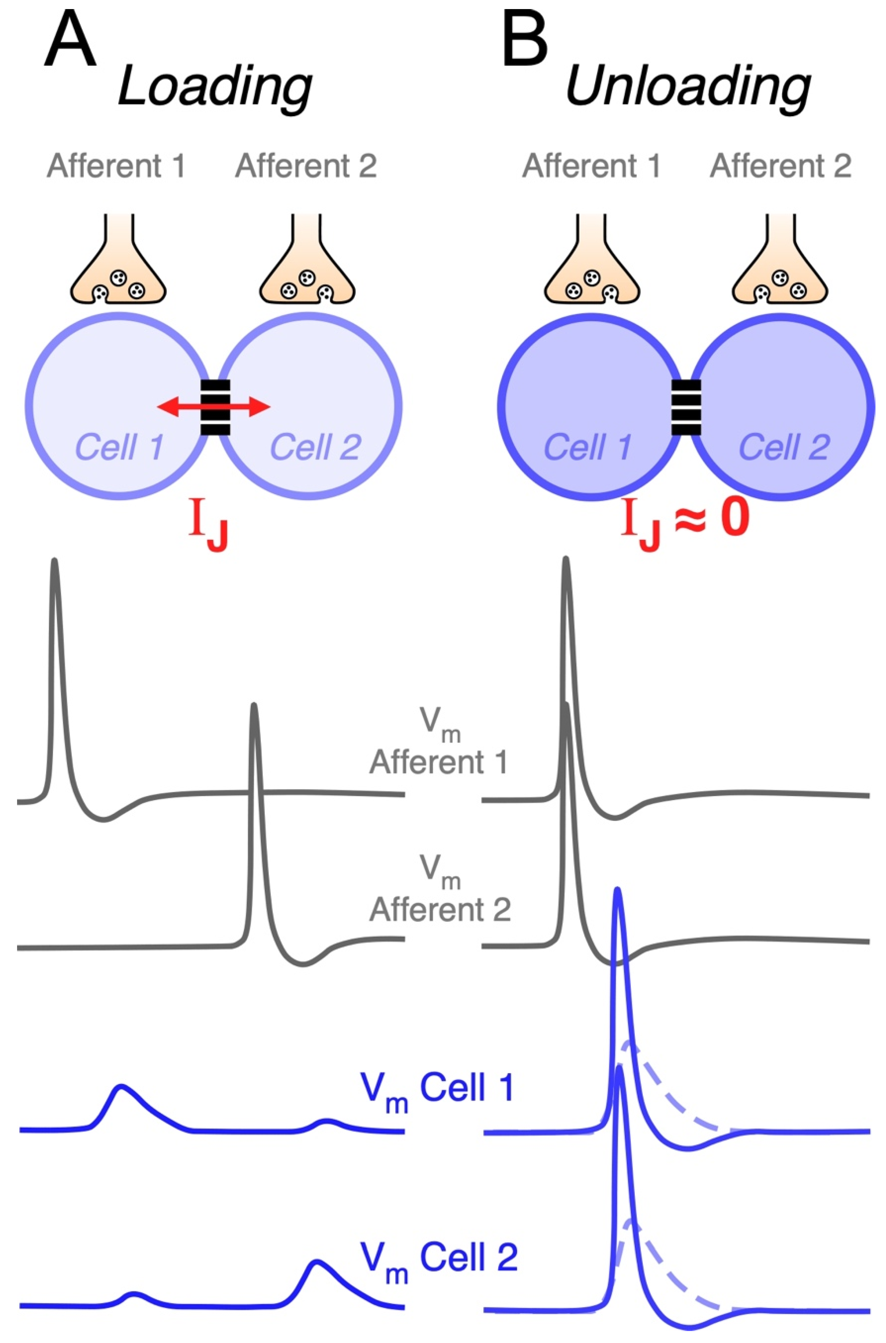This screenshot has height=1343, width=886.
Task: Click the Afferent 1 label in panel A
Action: [116, 166]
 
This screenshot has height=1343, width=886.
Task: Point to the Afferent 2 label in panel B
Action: [780, 166]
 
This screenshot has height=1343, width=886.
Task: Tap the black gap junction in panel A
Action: [215, 407]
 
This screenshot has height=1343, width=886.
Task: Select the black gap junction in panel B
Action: [686, 407]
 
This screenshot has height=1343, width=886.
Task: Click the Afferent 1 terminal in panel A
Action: [118, 271]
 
